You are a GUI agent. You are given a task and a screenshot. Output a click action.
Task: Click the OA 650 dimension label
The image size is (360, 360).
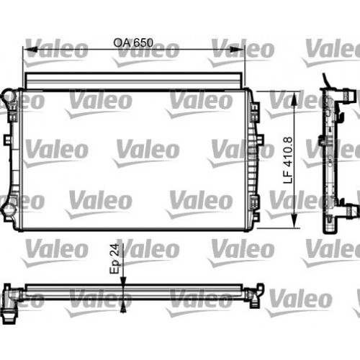tap(134, 42)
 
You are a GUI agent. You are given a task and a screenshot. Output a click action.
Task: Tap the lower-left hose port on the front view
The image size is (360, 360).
tap(8, 209)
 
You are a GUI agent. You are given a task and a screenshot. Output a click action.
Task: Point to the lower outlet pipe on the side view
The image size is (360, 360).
tap(350, 212)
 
